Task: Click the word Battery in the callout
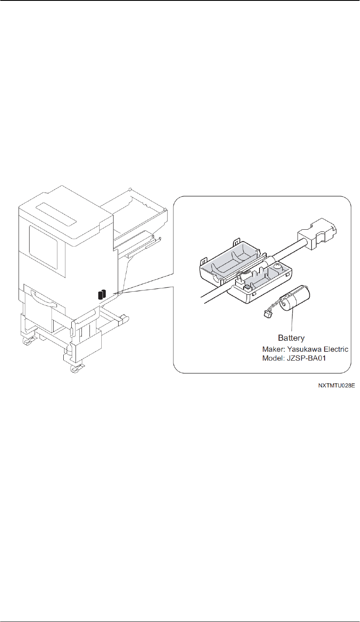(291, 338)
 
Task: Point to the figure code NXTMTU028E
(336, 386)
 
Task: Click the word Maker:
(273, 349)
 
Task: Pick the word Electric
(335, 349)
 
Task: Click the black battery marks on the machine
(102, 294)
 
